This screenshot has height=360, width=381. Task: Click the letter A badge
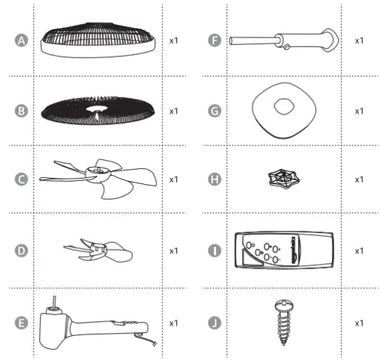tap(21, 41)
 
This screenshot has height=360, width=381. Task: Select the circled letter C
tap(21, 179)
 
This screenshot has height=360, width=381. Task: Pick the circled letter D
tap(21, 249)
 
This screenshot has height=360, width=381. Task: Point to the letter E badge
tap(21, 323)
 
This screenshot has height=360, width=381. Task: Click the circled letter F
tap(213, 41)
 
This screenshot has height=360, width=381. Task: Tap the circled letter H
tap(213, 179)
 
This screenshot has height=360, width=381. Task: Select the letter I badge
tap(213, 249)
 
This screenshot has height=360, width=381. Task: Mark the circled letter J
tap(213, 323)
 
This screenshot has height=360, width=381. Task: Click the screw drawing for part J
tap(285, 319)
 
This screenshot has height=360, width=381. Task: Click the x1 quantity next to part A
tap(174, 41)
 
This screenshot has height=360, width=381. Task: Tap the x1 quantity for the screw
tap(359, 323)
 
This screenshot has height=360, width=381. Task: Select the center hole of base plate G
tap(284, 107)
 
